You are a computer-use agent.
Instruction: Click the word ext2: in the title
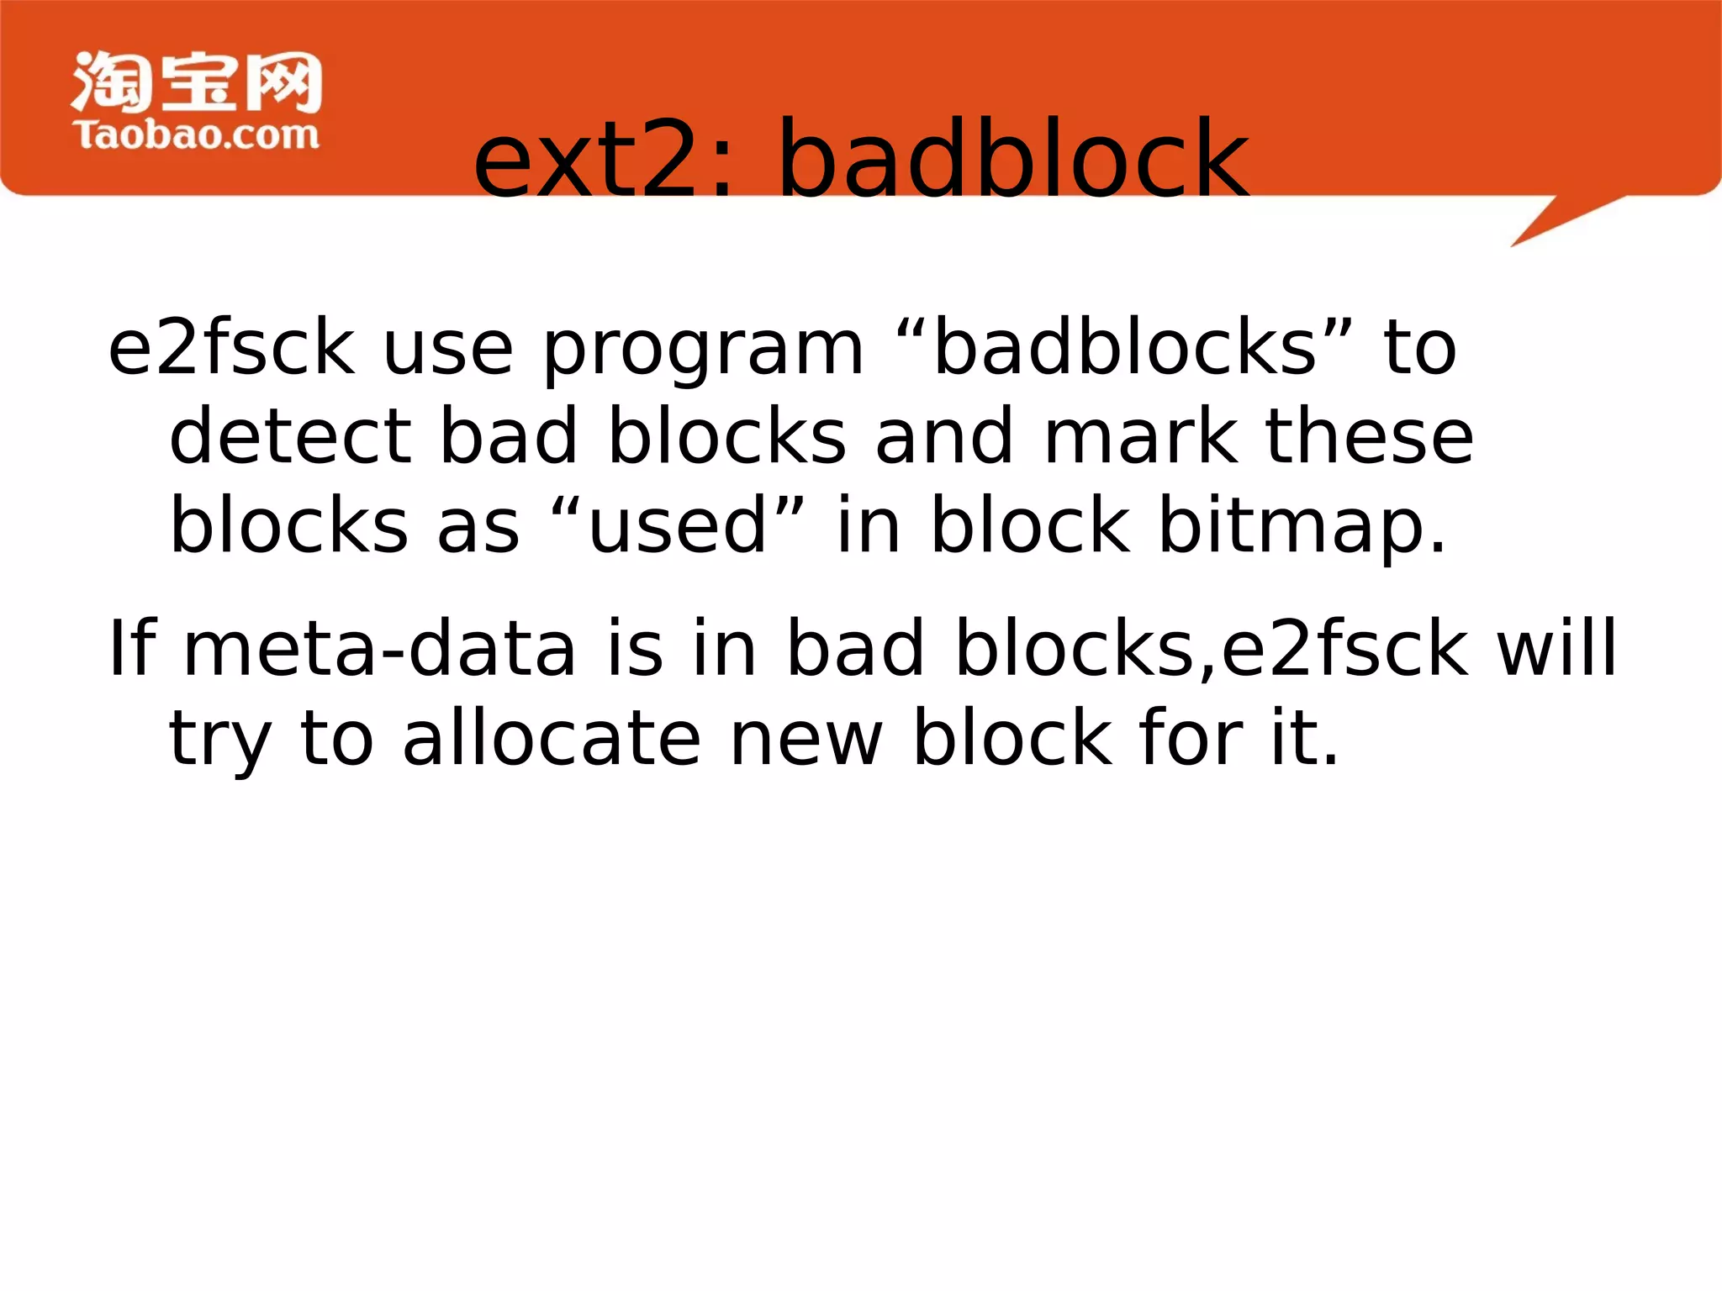point(605,160)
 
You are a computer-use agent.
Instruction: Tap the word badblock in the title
point(1013,160)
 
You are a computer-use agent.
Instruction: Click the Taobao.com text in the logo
point(197,135)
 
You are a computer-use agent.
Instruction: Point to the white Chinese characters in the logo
point(197,82)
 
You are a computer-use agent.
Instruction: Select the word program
point(703,350)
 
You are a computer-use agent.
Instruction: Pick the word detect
point(291,436)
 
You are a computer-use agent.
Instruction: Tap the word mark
point(1140,436)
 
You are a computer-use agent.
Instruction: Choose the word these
point(1370,436)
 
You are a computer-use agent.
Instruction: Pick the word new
point(806,740)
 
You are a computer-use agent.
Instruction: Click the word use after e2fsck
point(447,350)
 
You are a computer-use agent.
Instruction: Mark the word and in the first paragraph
point(944,436)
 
